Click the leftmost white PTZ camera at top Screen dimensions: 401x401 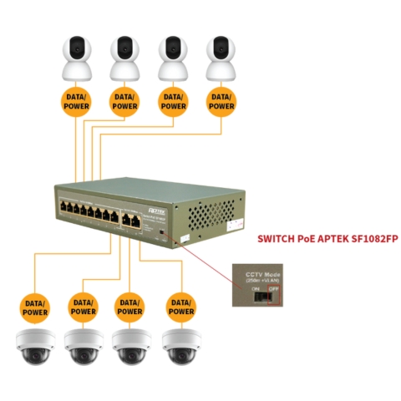click(x=76, y=57)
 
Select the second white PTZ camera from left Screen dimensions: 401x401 click(x=124, y=57)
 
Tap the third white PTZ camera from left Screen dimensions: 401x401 click(x=173, y=57)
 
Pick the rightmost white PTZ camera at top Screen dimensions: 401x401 click(x=221, y=57)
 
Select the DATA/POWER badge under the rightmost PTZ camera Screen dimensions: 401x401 click(x=221, y=101)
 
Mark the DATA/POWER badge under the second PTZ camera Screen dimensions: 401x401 click(x=124, y=101)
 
